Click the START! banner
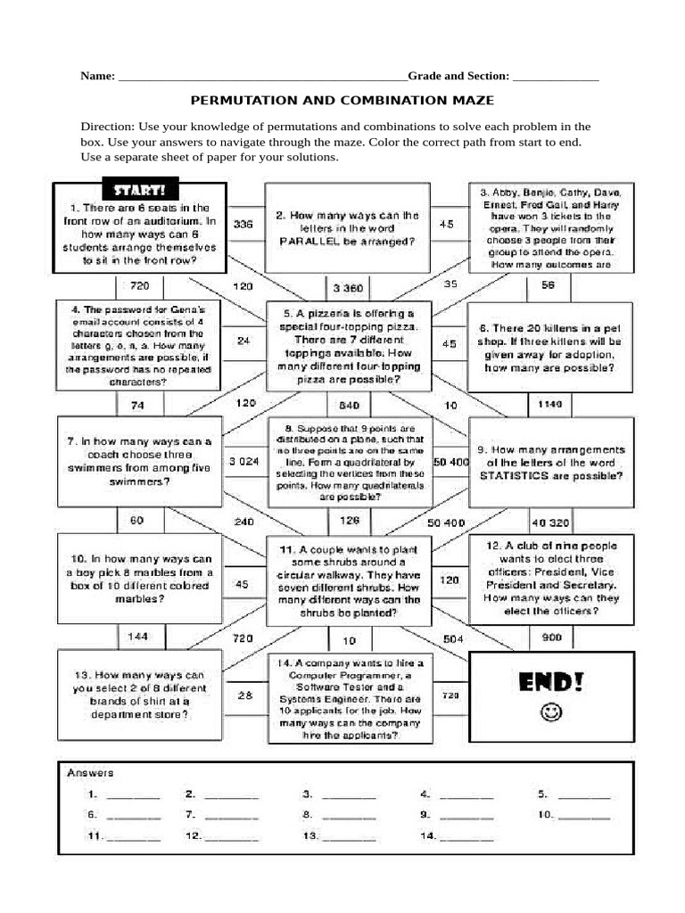pyautogui.click(x=139, y=190)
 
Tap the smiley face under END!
pyautogui.click(x=552, y=713)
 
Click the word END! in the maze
pyautogui.click(x=552, y=684)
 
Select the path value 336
pyautogui.click(x=243, y=225)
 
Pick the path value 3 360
pyautogui.click(x=348, y=288)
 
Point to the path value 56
pyautogui.click(x=548, y=285)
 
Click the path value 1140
pyautogui.click(x=549, y=405)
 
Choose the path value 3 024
pyautogui.click(x=243, y=462)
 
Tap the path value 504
pyautogui.click(x=453, y=638)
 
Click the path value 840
pyautogui.click(x=349, y=404)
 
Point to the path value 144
pyautogui.click(x=137, y=637)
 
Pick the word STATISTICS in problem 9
pyautogui.click(x=516, y=476)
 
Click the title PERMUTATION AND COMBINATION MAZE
pyautogui.click(x=342, y=102)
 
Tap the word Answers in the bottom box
pyautogui.click(x=91, y=773)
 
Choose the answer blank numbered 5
pyautogui.click(x=584, y=794)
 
